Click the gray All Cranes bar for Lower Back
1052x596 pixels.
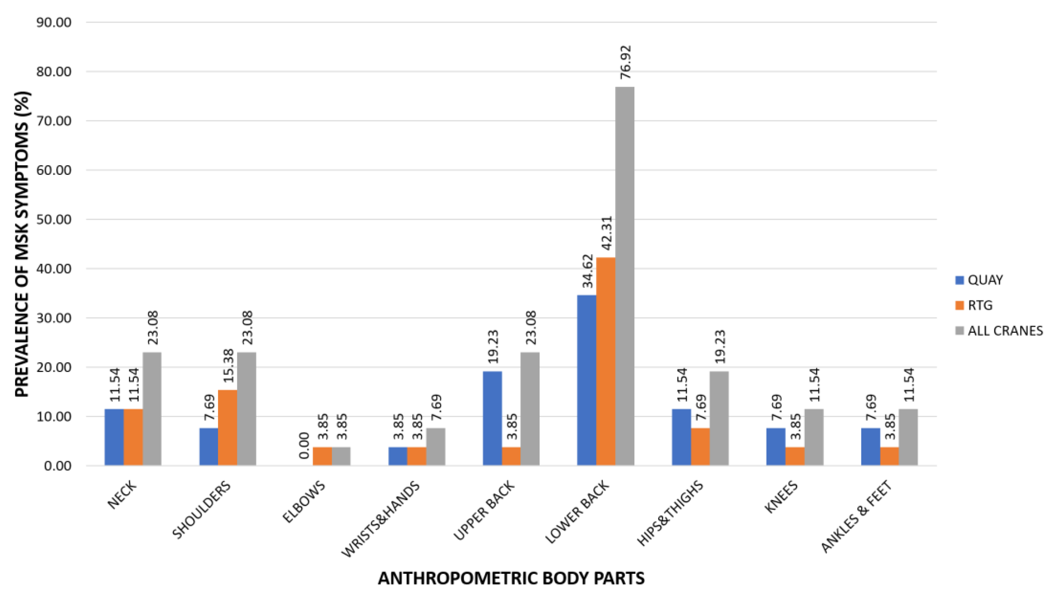pyautogui.click(x=625, y=276)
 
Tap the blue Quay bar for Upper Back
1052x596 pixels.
pyautogui.click(x=492, y=418)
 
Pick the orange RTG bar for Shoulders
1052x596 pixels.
pyautogui.click(x=228, y=428)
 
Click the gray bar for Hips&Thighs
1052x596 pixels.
pyautogui.click(x=719, y=418)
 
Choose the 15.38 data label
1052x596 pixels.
pyautogui.click(x=228, y=365)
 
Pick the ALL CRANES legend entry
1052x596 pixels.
pyautogui.click(x=999, y=331)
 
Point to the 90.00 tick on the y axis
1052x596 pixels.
pyautogui.click(x=54, y=23)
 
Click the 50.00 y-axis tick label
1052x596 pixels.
pyautogui.click(x=54, y=220)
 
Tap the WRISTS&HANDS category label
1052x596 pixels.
pyautogui.click(x=381, y=519)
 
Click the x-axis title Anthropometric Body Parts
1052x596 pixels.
pyautogui.click(x=511, y=578)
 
